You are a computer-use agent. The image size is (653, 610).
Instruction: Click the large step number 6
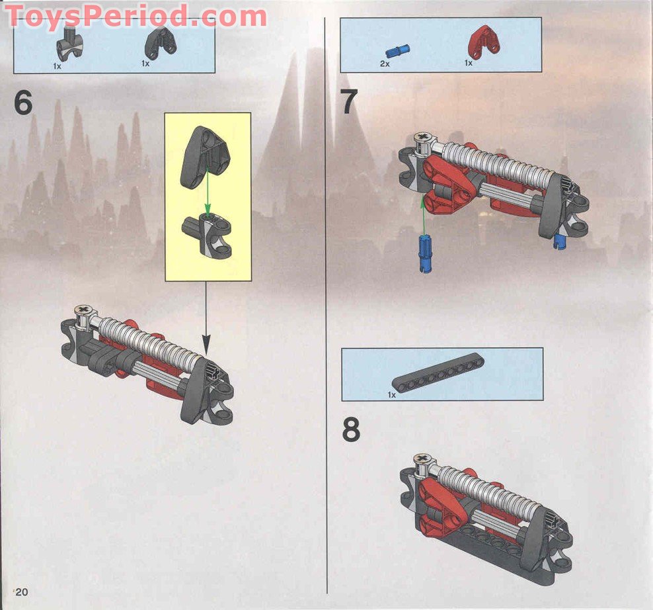point(23,103)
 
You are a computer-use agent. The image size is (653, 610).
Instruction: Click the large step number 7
point(349,103)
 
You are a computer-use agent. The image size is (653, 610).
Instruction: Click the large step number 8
point(351,430)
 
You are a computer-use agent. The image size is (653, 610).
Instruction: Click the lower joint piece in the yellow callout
point(207,236)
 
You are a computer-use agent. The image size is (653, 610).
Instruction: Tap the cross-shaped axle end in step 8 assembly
point(420,459)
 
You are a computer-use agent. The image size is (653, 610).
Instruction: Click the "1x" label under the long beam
point(392,395)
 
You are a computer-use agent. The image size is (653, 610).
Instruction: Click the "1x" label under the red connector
point(469,64)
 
